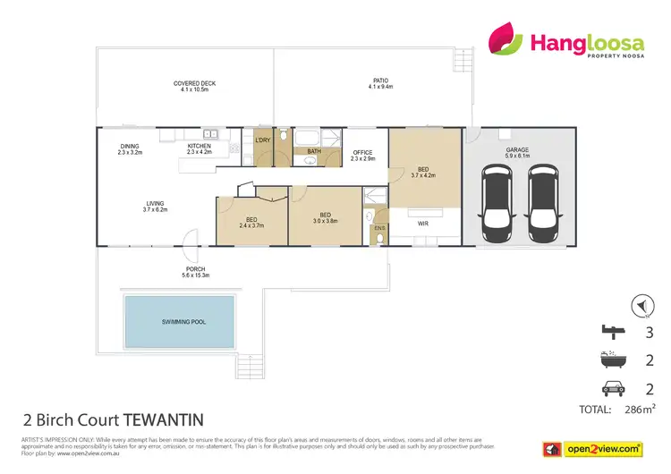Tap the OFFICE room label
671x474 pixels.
(x=363, y=154)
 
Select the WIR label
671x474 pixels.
(x=424, y=212)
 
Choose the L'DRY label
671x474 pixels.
(x=263, y=140)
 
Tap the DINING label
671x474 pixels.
(x=131, y=146)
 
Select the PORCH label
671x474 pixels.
(x=195, y=269)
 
